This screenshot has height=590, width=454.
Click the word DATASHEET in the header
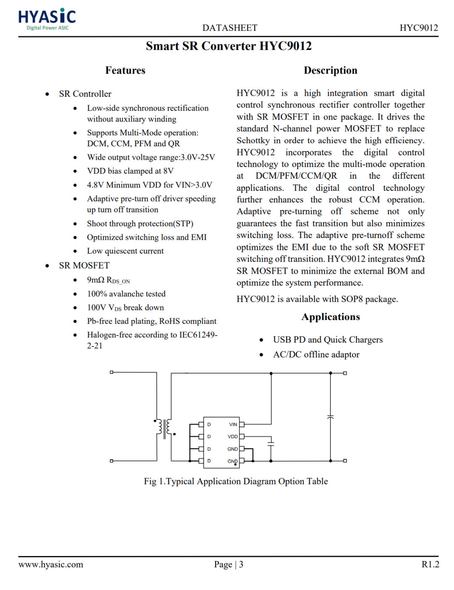click(x=230, y=28)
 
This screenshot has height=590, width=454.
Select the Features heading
click(x=125, y=70)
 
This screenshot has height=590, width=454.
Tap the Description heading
click(x=330, y=70)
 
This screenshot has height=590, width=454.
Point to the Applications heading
click(x=330, y=317)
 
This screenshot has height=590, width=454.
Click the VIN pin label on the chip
click(x=233, y=425)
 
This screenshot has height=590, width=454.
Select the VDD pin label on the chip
click(x=232, y=437)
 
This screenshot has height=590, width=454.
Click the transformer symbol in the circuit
click(x=164, y=428)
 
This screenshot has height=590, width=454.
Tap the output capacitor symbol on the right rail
click(x=330, y=417)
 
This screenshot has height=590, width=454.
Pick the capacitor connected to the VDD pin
click(x=271, y=443)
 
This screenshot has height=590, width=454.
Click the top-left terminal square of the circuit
click(x=111, y=372)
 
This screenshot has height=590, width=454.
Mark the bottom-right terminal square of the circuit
click(x=345, y=461)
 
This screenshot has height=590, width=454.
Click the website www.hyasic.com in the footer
click(x=51, y=564)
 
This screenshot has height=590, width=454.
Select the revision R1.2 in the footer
click(x=430, y=564)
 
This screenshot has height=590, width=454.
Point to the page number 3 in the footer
click(x=241, y=564)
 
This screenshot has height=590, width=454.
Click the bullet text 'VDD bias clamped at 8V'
click(x=130, y=171)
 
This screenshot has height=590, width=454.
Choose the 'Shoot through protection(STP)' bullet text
click(x=140, y=224)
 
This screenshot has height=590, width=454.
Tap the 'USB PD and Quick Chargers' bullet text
click(x=328, y=340)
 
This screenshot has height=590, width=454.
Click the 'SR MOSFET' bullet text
click(x=84, y=265)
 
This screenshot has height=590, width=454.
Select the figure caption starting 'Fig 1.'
click(x=236, y=482)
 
